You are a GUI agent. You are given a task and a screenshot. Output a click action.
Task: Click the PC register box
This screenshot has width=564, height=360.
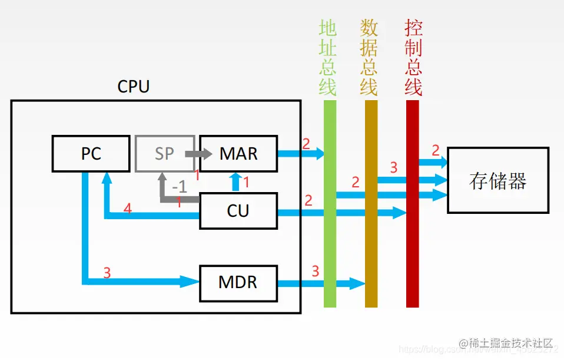click(91, 154)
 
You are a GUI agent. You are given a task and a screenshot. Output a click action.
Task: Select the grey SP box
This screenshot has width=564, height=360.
click(164, 154)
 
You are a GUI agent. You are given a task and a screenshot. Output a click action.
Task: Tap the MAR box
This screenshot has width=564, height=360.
click(238, 154)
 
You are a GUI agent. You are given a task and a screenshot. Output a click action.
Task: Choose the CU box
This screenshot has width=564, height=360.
click(238, 210)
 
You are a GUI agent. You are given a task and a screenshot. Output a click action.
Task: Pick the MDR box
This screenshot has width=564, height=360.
click(238, 282)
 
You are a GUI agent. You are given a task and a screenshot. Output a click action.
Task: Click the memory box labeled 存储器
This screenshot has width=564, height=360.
click(497, 180)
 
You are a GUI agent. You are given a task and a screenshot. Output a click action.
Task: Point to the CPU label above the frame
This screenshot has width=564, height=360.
click(134, 87)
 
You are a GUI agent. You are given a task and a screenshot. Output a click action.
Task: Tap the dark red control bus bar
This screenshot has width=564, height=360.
click(412, 259)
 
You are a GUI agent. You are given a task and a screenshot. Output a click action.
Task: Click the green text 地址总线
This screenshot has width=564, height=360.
click(328, 57)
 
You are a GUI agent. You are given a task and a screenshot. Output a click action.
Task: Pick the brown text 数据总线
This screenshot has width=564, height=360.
click(369, 57)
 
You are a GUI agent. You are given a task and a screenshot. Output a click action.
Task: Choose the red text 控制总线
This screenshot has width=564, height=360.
click(413, 57)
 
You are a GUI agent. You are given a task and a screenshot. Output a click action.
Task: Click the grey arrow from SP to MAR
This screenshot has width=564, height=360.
click(198, 154)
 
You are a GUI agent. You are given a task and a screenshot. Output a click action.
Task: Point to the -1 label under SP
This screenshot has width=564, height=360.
click(179, 187)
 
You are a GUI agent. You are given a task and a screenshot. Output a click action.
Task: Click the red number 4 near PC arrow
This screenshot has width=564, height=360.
click(127, 208)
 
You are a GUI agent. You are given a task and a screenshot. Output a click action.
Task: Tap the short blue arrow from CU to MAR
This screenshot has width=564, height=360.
click(236, 182)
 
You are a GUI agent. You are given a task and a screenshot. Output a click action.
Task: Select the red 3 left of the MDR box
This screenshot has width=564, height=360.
click(107, 273)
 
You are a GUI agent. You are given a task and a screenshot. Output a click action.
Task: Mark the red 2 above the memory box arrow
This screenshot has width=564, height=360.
click(436, 150)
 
